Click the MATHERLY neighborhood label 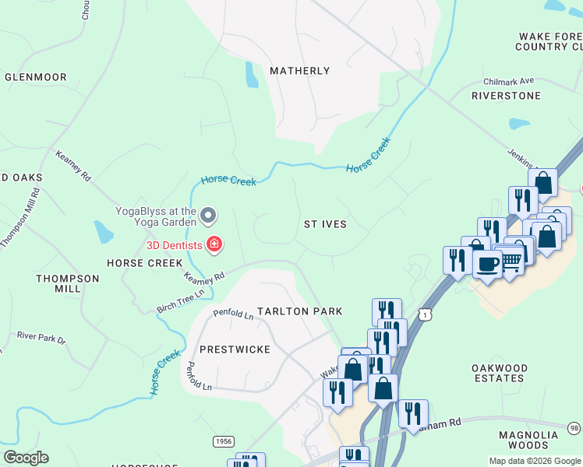pyautogui.click(x=299, y=71)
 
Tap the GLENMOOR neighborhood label pyautogui.click(x=35, y=77)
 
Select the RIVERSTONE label pyautogui.click(x=506, y=96)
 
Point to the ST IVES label pyautogui.click(x=324, y=224)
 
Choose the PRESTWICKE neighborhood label pyautogui.click(x=235, y=349)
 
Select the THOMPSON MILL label pyautogui.click(x=68, y=283)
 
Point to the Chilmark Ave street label pyautogui.click(x=508, y=80)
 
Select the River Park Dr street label pyautogui.click(x=41, y=338)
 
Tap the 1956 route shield pyautogui.click(x=223, y=441)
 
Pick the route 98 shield pyautogui.click(x=574, y=428)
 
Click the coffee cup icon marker pyautogui.click(x=488, y=265)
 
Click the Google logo pyautogui.click(x=26, y=458)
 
